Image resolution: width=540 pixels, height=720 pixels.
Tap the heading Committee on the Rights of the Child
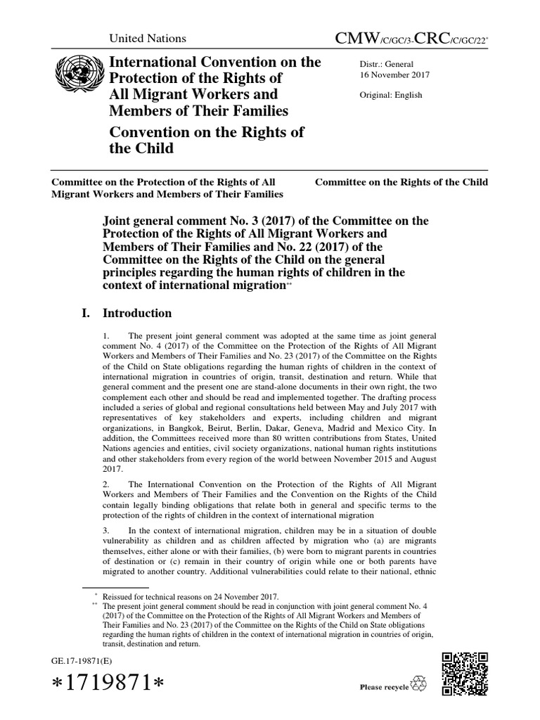pyautogui.click(x=401, y=182)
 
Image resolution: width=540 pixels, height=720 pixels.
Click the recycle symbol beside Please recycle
pyautogui.click(x=422, y=686)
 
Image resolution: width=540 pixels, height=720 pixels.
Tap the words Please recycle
pyautogui.click(x=384, y=687)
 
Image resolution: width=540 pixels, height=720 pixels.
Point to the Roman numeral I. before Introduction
pyautogui.click(x=88, y=313)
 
